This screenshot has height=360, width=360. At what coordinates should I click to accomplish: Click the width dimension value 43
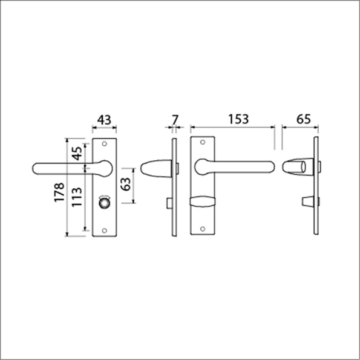(103, 120)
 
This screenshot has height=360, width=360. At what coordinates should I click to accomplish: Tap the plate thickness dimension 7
(174, 120)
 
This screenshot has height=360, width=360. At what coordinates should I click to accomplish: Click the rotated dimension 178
(59, 192)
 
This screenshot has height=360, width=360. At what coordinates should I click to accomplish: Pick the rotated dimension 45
(77, 154)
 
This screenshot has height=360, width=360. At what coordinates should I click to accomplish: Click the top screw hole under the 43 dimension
(105, 144)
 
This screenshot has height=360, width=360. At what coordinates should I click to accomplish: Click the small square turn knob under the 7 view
(168, 203)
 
